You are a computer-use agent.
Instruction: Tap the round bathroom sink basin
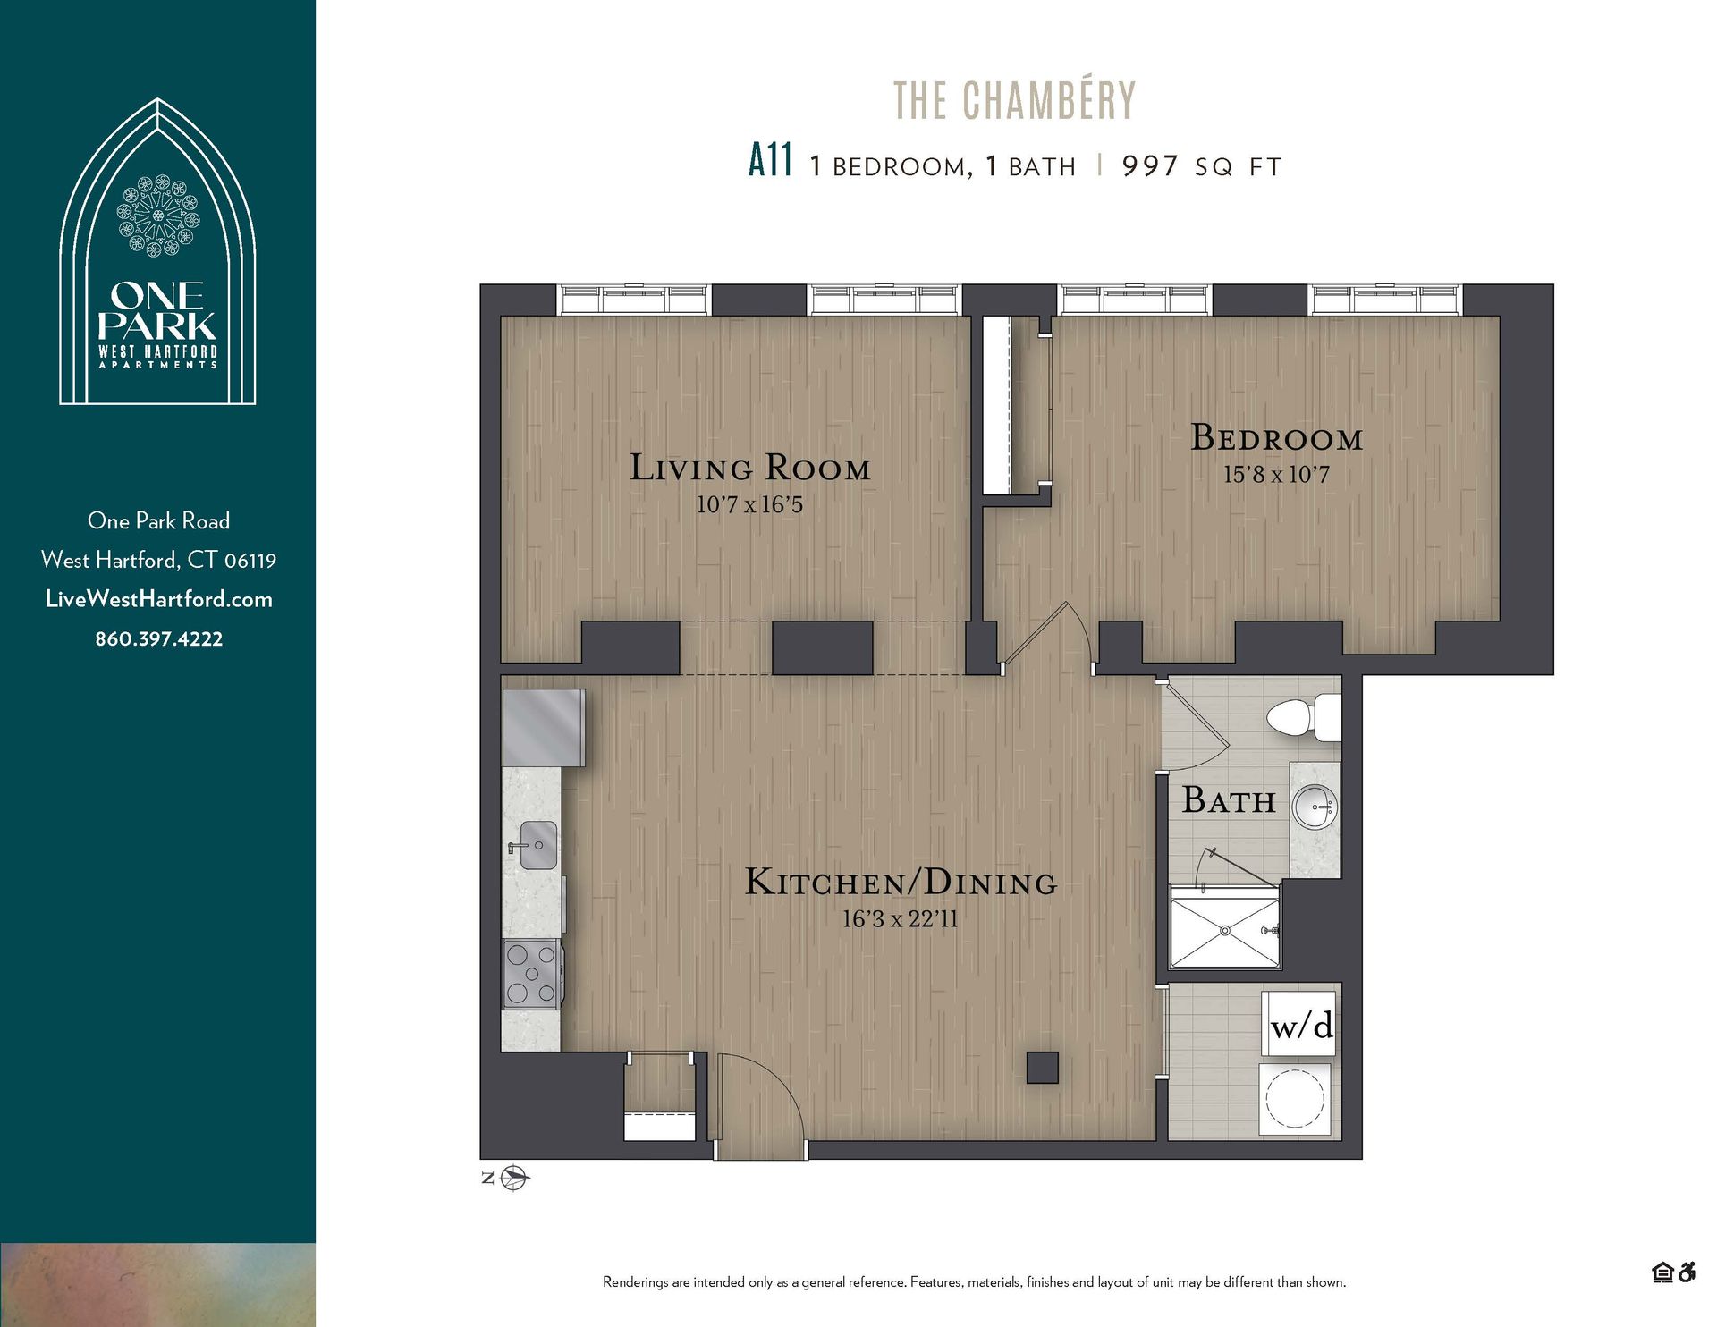point(1315,809)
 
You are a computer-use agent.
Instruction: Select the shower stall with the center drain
point(1224,931)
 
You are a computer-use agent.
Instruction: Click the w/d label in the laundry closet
point(1301,1026)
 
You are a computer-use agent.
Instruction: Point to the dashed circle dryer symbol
point(1295,1097)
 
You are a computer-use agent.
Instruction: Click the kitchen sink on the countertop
point(537,845)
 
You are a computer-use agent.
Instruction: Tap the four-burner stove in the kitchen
point(531,974)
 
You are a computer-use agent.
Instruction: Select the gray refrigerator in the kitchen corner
point(543,727)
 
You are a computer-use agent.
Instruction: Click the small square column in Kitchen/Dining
point(1042,1068)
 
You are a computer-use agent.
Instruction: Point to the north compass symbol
point(514,1178)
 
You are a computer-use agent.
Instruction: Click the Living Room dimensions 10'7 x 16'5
point(749,505)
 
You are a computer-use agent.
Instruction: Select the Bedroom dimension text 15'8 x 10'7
point(1276,475)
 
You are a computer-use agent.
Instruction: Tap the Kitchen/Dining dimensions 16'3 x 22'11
point(900,919)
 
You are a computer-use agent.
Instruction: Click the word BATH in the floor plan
point(1228,800)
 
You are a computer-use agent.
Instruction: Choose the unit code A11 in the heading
point(770,162)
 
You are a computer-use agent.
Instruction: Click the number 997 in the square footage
point(1150,166)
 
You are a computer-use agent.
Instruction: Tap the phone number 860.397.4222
point(159,639)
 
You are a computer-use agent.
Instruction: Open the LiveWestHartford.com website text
point(159,599)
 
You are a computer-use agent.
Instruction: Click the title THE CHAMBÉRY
point(1014,101)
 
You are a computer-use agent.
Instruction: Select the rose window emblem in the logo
point(158,216)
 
